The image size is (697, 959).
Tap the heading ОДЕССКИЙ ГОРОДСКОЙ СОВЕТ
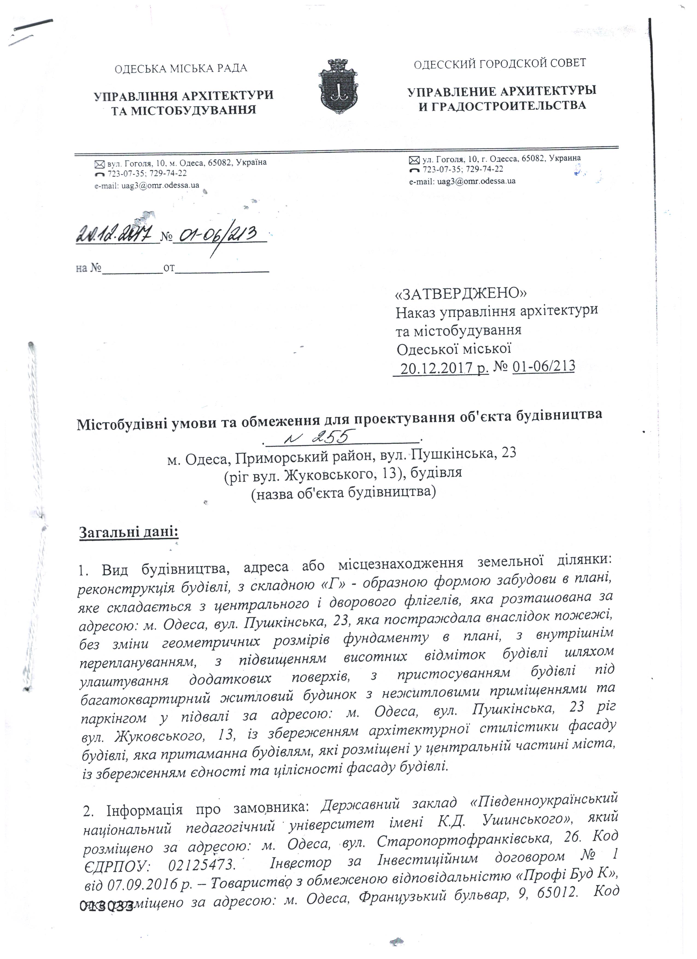point(500,63)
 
